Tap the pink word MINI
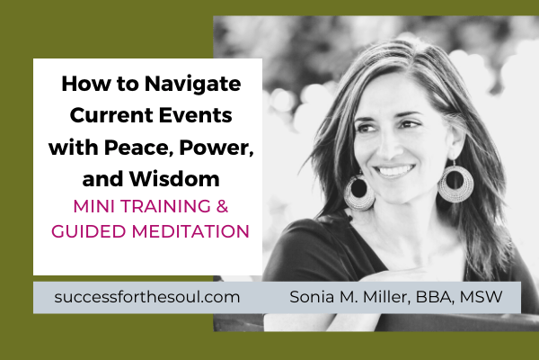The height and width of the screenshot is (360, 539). click(x=88, y=204)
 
